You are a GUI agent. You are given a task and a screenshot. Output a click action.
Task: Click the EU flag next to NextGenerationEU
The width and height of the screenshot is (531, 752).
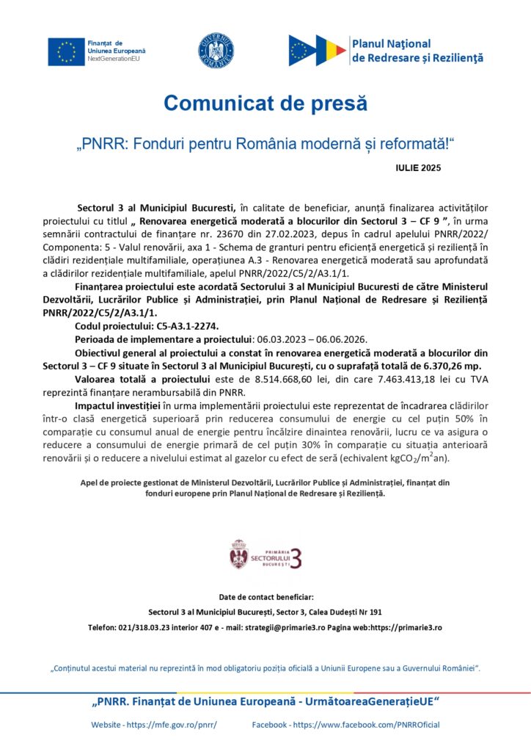[67, 51]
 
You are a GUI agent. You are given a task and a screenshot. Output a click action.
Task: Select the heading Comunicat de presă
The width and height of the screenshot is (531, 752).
[265, 103]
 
